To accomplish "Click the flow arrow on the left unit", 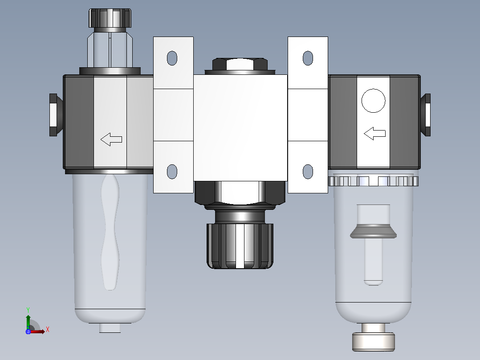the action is coord(111,139).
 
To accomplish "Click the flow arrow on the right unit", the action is coord(374,134).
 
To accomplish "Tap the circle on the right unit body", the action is coord(373,101).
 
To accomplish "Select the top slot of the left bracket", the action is coord(172,58).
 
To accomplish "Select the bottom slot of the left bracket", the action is coord(172,172).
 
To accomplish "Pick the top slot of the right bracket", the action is coord(308,58).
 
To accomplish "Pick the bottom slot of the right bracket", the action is coord(308,172).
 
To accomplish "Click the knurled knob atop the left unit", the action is coord(110,18).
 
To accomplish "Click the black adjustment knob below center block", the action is coord(240,246).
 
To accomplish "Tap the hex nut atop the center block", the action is coord(240,64).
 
